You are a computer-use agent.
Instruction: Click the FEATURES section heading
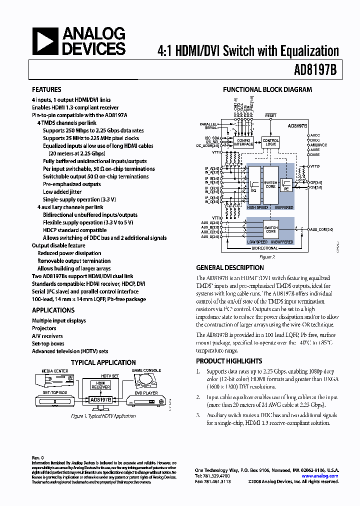pyautogui.click(x=46, y=89)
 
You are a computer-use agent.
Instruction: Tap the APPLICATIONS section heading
pyautogui.click(x=53, y=310)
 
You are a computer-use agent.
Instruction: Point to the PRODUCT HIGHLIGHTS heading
pyautogui.click(x=229, y=361)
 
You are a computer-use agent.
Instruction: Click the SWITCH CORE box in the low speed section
pyautogui.click(x=270, y=229)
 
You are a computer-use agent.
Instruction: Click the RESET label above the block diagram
pyautogui.click(x=270, y=115)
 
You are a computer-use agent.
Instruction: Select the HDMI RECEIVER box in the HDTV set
pyautogui.click(x=100, y=384)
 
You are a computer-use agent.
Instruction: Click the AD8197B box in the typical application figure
pyautogui.click(x=100, y=399)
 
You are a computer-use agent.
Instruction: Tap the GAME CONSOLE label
pyautogui.click(x=145, y=370)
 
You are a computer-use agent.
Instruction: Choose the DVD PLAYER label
pyautogui.click(x=145, y=392)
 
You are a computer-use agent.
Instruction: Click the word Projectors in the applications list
pyautogui.click(x=44, y=328)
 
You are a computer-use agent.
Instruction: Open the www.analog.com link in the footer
pyautogui.click(x=320, y=476)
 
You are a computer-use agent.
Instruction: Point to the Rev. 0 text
pyautogui.click(x=38, y=457)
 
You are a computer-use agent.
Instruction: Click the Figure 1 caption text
pyautogui.click(x=103, y=416)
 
